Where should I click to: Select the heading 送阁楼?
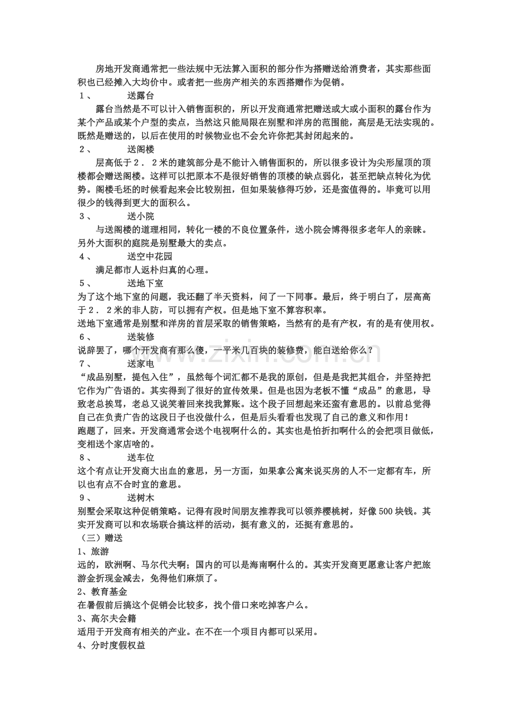click(x=140, y=149)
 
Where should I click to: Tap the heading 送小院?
click(x=140, y=216)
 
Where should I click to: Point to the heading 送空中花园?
click(x=149, y=256)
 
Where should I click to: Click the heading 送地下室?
click(x=145, y=283)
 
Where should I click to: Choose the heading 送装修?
click(x=140, y=336)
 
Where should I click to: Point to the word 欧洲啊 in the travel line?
click(x=119, y=564)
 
